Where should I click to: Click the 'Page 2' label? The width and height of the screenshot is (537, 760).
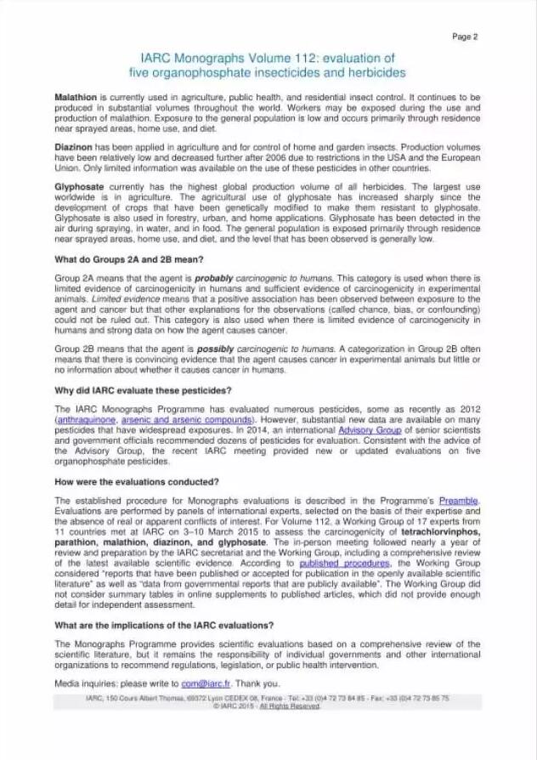(x=464, y=37)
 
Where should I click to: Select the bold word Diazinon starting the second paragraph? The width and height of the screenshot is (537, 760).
(x=73, y=146)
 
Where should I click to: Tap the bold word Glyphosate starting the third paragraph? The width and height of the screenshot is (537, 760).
(x=78, y=185)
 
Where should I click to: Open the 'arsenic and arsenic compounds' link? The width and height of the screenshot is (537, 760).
(x=186, y=420)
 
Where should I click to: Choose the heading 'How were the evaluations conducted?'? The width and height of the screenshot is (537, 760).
(x=136, y=481)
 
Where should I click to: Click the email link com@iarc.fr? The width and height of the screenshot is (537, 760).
(x=212, y=683)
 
